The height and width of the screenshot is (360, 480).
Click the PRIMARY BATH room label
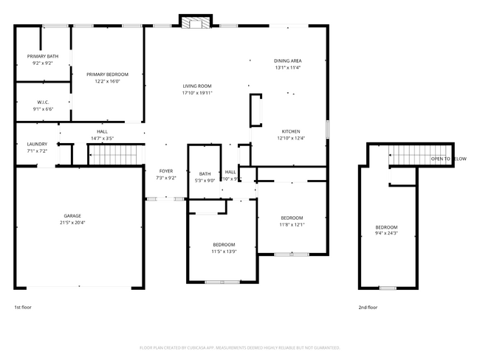pyautogui.click(x=43, y=57)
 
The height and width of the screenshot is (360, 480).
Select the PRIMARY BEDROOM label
pyautogui.click(x=107, y=75)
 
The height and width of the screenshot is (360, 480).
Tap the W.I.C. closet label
pyautogui.click(x=43, y=103)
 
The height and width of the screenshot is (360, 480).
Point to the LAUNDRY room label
pyautogui.click(x=37, y=144)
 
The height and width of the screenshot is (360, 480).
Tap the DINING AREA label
pyautogui.click(x=288, y=60)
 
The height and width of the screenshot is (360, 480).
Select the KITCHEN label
pyautogui.click(x=290, y=131)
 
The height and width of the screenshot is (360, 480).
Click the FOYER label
pyautogui.click(x=165, y=170)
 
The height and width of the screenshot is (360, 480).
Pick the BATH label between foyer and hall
pyautogui.click(x=205, y=173)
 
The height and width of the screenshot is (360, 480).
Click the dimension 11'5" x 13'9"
pyautogui.click(x=224, y=252)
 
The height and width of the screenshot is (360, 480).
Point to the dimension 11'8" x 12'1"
pyautogui.click(x=292, y=225)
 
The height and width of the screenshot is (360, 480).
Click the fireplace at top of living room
pyautogui.click(x=196, y=23)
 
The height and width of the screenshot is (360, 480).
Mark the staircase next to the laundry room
pyautogui.click(x=115, y=155)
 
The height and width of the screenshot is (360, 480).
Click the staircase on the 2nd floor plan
pyautogui.click(x=409, y=156)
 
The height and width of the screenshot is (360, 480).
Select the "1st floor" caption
pyautogui.click(x=23, y=307)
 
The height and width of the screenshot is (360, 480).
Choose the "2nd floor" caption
pyautogui.click(x=368, y=307)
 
